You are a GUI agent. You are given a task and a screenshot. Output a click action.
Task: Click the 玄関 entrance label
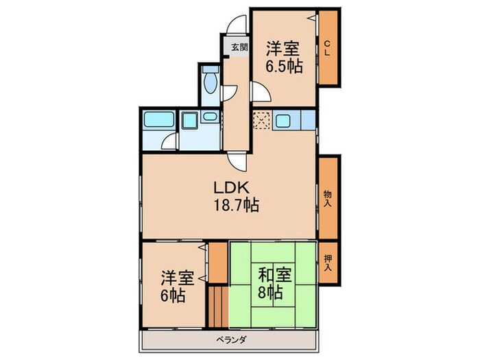[x=239, y=47]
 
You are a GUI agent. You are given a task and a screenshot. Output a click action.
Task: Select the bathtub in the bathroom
[x=160, y=122]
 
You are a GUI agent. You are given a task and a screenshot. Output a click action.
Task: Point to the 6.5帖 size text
[x=284, y=67]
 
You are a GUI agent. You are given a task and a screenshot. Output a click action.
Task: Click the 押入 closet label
[x=328, y=262]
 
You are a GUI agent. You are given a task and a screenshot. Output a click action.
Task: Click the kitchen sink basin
[x=283, y=122]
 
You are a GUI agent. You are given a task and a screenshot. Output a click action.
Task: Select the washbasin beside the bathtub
[x=189, y=123]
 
